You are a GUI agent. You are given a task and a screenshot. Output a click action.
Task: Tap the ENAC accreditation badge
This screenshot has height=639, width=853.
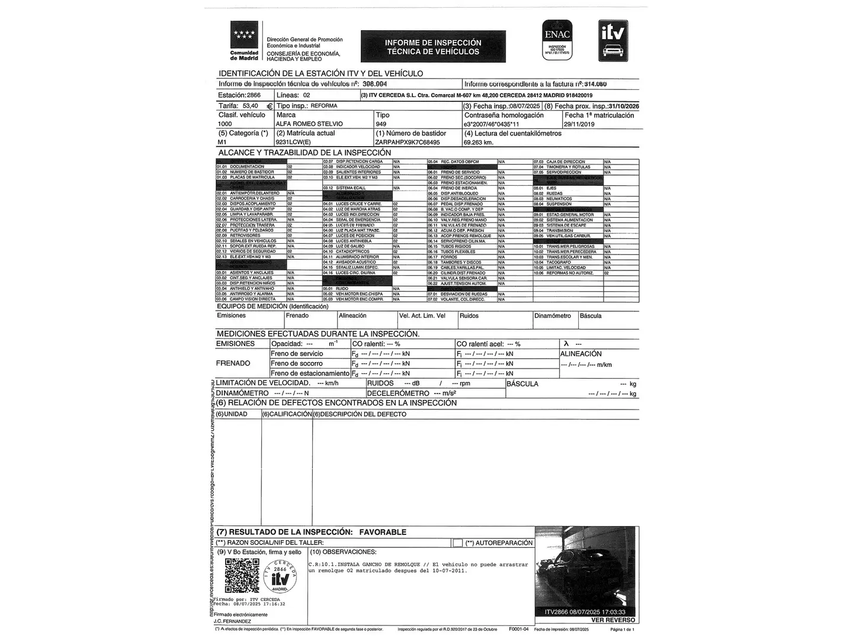coord(557,40)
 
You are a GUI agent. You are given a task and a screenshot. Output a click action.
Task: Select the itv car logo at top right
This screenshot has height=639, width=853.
coord(613,40)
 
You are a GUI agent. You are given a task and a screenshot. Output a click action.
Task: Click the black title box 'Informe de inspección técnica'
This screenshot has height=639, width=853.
coord(433,47)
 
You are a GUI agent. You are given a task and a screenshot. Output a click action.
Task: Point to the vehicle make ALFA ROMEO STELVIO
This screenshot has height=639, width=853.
coord(309,124)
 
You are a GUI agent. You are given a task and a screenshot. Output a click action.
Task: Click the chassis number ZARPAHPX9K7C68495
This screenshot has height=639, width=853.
coord(408,143)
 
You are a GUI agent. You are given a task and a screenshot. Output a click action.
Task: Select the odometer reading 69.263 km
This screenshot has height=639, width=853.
coord(479,143)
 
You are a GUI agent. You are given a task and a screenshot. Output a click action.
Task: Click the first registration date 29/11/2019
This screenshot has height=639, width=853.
coord(579,124)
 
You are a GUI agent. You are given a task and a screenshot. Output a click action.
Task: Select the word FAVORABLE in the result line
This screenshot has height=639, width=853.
coord(383,532)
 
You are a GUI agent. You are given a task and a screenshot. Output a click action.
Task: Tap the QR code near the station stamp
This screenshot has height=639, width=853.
coord(242,576)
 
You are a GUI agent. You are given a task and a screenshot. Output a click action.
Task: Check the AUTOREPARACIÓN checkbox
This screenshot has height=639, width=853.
coord(457,543)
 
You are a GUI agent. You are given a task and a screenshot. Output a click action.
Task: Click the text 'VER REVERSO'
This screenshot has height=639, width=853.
coord(613,620)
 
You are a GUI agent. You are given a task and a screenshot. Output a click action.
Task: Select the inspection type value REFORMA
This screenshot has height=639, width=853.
coord(324,106)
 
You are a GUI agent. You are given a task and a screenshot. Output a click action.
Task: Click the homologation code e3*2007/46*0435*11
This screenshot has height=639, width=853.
coord(491,124)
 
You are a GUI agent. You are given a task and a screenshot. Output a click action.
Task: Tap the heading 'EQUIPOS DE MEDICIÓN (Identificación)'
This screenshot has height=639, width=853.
coord(272,306)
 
